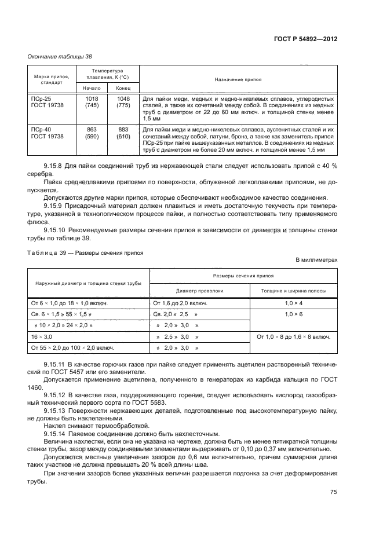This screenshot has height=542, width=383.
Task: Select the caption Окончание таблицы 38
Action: [60, 56]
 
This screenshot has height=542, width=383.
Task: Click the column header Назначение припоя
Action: [238, 78]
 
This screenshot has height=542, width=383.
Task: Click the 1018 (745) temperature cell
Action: [92, 102]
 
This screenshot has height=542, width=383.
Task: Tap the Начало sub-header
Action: [92, 88]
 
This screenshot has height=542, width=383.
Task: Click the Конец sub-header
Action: [123, 88]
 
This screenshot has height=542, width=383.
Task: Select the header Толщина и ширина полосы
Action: [293, 291]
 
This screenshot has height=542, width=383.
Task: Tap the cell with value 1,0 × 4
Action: [293, 303]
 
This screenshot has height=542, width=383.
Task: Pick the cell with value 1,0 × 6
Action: [293, 314]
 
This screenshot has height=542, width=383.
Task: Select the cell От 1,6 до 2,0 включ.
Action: [179, 303]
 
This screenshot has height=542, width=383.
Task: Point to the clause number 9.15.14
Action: [57, 433]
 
